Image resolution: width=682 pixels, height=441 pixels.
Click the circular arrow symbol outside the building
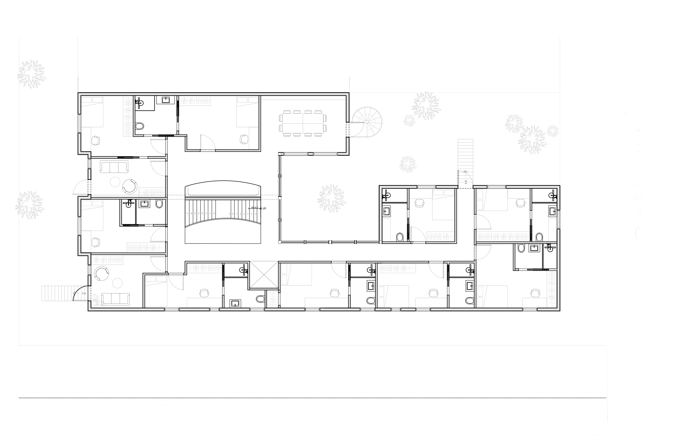click(367, 122)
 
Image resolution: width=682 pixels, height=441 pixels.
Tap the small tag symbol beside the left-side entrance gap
click(84, 293)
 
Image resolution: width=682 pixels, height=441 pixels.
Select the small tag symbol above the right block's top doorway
click(466, 181)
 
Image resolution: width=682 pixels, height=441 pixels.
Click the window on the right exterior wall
click(558, 219)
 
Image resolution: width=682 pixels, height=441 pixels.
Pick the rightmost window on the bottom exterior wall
click(529, 309)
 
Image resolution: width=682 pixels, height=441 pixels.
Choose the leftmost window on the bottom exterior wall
click(172, 309)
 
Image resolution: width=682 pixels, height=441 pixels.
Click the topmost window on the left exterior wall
click(79, 123)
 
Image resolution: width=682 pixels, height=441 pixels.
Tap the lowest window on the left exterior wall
click(89, 270)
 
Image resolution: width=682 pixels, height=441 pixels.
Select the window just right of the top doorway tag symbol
click(496, 187)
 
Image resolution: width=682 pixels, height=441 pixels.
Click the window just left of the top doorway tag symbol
click(426, 187)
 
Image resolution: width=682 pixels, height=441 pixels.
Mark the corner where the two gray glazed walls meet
click(280, 242)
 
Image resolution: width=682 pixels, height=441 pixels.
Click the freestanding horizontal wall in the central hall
click(222, 198)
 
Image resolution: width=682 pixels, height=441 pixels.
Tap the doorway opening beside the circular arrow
click(348, 129)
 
